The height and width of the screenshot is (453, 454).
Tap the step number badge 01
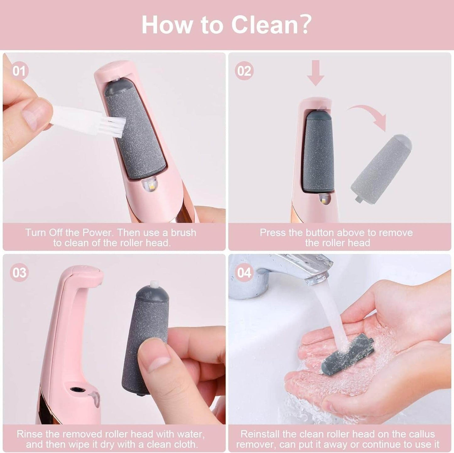[19, 71]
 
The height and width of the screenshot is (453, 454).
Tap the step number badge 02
[244, 71]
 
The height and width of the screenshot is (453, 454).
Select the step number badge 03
[19, 272]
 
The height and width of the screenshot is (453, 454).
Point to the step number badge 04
[244, 272]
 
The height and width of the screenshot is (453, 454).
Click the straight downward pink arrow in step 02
[316, 73]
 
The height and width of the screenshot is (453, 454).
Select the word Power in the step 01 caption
[97, 233]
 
